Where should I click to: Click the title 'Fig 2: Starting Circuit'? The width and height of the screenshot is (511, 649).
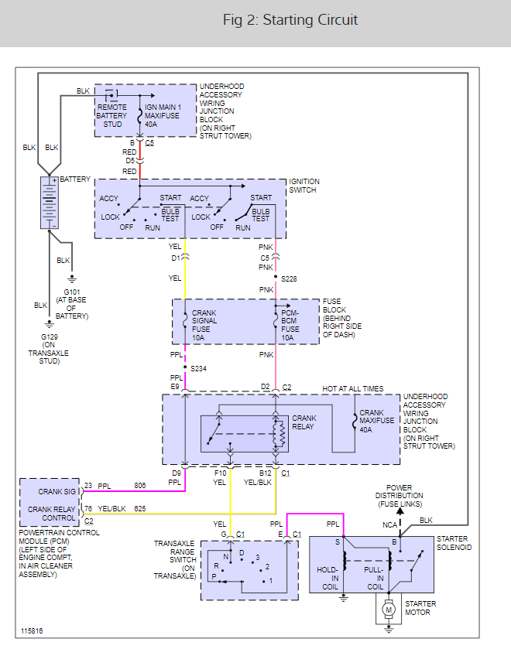pos(290,20)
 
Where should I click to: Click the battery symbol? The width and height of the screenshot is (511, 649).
pos(50,203)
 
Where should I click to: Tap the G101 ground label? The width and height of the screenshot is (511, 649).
pos(72,292)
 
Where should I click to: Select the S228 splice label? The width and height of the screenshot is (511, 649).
pos(289,279)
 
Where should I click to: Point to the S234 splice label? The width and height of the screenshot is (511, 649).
pos(198,368)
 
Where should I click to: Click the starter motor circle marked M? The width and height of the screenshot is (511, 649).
pos(389,610)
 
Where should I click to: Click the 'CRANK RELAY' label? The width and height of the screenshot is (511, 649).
pos(304,422)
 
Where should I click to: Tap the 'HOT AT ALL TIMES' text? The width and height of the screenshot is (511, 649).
pos(353,388)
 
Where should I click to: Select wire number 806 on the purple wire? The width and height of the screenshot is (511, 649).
pos(140,486)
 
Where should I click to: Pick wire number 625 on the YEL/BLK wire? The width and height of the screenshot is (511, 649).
pos(140,509)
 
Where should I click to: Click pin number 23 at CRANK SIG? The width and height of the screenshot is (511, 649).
pos(88,486)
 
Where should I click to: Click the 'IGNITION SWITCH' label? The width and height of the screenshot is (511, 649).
pos(304,186)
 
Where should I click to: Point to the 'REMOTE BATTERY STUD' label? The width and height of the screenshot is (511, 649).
pos(112,115)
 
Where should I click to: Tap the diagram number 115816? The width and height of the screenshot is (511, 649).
pos(32,630)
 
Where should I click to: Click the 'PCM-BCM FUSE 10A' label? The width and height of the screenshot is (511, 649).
pos(290,326)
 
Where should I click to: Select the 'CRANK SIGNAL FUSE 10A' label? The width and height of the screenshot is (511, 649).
pos(204,326)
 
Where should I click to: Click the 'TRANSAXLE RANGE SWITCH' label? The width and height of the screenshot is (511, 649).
pos(174,559)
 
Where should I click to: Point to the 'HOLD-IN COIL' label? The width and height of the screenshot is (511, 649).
pos(328,579)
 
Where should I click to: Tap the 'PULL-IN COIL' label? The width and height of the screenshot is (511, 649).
pos(374,579)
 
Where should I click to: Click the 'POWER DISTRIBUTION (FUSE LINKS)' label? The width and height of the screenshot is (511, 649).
pos(399,496)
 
